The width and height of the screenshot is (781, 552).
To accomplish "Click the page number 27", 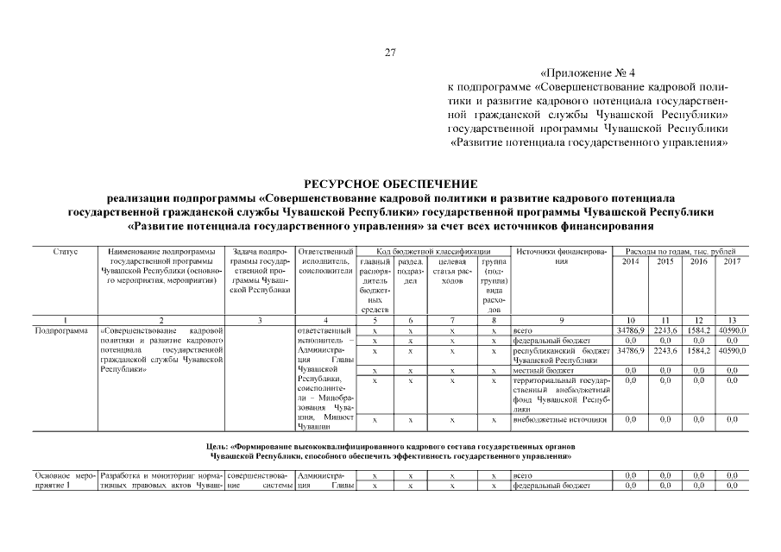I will tap(389, 53).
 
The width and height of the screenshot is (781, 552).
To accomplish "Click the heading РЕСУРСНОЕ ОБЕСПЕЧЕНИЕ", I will tap(390, 184).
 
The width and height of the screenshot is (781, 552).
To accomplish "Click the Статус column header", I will tap(66, 251).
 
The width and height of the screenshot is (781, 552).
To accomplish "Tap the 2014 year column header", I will tap(631, 261).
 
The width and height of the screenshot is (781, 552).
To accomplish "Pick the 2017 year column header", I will tap(732, 261).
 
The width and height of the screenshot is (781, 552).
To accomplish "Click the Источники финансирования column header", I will tap(561, 256).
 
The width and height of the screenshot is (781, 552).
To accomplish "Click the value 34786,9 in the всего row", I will tap(631, 330).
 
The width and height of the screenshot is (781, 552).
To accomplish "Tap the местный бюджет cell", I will tap(540, 370).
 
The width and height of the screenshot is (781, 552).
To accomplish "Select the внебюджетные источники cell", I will tap(559, 420).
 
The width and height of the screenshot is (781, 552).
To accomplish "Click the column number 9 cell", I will tap(561, 320).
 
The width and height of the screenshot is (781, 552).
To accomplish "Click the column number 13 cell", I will tap(732, 320).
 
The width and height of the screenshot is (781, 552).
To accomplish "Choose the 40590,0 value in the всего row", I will tap(732, 330).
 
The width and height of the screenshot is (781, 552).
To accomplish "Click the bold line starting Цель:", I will tap(390, 450).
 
